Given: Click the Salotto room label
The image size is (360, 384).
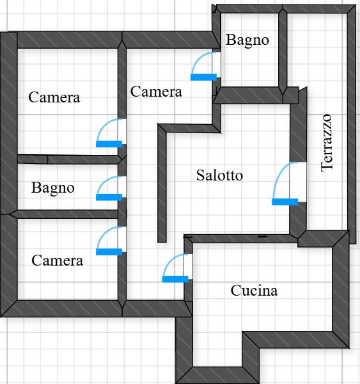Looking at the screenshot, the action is (x=219, y=175).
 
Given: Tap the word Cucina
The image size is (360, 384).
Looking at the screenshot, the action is (x=254, y=291).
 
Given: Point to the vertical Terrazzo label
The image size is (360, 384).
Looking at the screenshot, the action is (x=327, y=143).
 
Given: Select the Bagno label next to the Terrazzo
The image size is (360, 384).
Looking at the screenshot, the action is (x=247, y=40).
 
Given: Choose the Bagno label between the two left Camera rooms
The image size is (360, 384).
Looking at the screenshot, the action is (x=53, y=188).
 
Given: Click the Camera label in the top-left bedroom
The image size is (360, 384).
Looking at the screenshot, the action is (x=54, y=97).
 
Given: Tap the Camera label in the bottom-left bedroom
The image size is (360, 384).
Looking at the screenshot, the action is (x=58, y=260).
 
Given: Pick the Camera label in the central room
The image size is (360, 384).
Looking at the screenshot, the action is (x=156, y=92).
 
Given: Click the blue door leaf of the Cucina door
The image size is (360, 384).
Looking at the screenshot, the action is (x=175, y=279).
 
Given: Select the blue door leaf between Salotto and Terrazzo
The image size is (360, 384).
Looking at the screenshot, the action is (x=285, y=202).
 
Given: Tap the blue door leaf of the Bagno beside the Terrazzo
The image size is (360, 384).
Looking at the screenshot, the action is (x=203, y=77).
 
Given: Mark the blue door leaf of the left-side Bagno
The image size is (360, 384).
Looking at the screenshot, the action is (x=109, y=197).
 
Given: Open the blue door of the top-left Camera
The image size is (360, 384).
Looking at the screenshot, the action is (x=109, y=144).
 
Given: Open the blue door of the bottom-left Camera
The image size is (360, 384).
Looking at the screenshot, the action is (x=109, y=252).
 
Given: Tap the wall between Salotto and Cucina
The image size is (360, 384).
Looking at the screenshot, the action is (x=241, y=239).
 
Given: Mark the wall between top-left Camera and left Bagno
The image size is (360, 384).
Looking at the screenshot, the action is (x=70, y=159).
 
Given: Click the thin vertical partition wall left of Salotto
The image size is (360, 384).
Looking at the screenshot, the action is (x=162, y=183).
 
